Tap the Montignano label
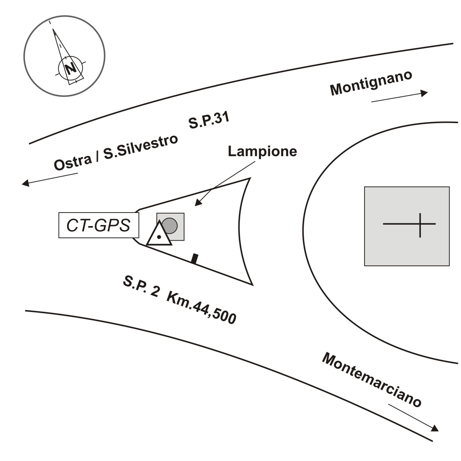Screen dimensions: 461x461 tap(371, 83)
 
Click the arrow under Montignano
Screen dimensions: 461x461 tap(399, 97)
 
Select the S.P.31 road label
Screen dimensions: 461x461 tap(209, 121)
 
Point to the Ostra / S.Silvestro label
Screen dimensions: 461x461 tap(116, 153)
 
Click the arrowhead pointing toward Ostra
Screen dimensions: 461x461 tap(25, 183)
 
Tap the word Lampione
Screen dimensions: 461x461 tap(262, 152)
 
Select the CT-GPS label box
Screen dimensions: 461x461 tap(98, 225)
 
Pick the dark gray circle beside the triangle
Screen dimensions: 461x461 tap(170, 226)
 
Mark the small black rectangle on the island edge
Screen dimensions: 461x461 tap(194, 259)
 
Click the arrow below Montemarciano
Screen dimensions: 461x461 tap(413, 417)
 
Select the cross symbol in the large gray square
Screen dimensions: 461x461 tap(420, 225)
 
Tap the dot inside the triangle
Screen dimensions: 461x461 tap(159, 237)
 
